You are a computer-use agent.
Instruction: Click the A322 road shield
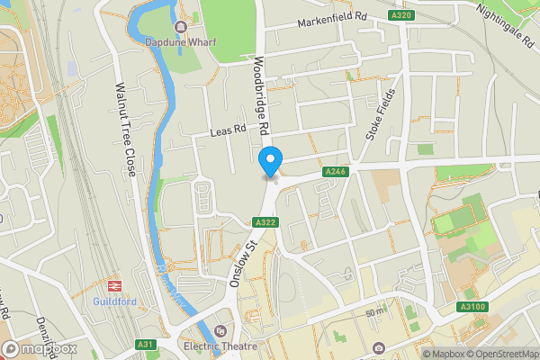264,222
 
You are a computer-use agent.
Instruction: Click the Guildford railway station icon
114,286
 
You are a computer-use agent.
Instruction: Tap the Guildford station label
114,302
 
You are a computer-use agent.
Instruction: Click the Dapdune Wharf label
179,40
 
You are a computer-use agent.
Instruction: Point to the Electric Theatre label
220,346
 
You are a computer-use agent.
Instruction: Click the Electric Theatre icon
220,330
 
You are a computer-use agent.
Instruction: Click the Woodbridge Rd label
260,97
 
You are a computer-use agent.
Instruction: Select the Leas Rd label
227,130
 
